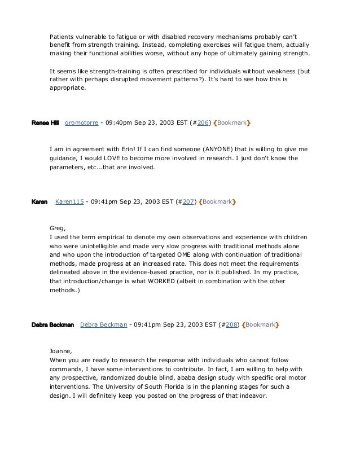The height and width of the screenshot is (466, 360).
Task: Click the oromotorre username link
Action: pos(81,122)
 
